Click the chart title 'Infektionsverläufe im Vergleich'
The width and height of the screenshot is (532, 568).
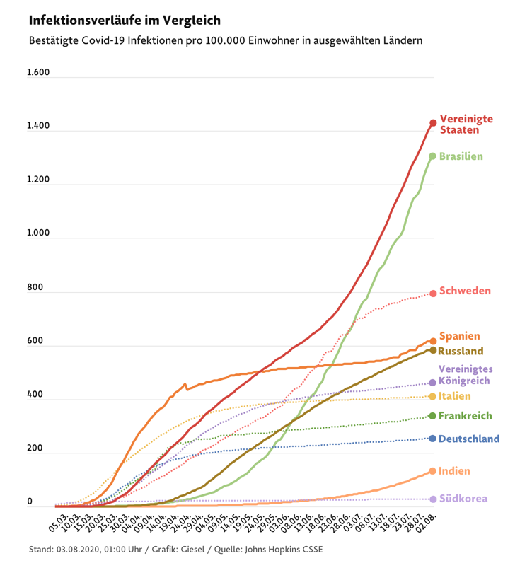[125, 20]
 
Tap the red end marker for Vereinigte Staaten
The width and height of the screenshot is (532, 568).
[433, 123]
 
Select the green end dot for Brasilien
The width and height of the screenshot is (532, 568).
[432, 156]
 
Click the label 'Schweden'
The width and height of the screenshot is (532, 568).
[465, 291]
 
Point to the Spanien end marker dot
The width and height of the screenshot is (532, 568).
[433, 341]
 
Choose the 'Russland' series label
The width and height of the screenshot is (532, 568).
[461, 351]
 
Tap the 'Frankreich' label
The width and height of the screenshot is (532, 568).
[466, 416]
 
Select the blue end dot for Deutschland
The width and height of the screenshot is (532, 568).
[432, 439]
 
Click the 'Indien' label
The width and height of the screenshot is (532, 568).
[454, 471]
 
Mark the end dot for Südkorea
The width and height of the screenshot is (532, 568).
[432, 499]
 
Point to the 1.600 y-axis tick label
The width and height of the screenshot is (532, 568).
[38, 73]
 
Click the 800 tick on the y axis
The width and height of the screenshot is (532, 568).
[35, 288]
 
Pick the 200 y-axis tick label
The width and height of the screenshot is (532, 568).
[35, 449]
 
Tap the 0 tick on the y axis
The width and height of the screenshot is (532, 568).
[30, 502]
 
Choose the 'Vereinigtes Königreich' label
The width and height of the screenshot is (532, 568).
[464, 375]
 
